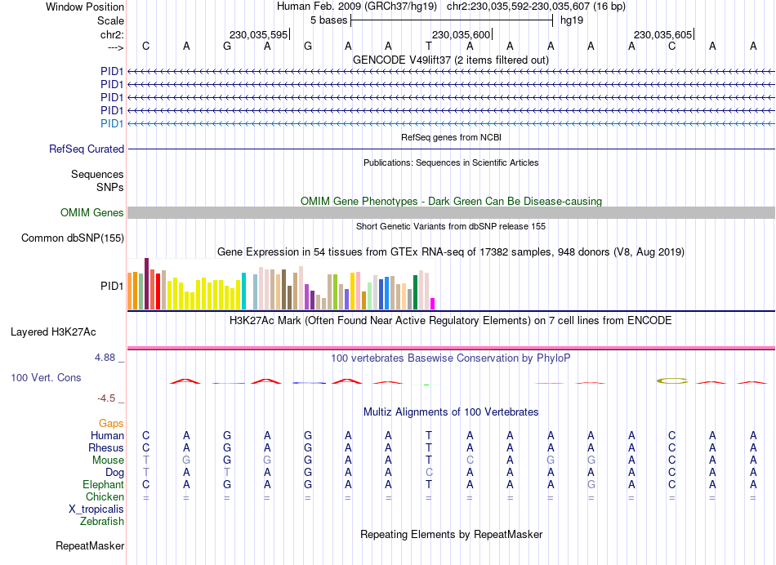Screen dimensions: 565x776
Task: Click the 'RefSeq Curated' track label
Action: [87, 149]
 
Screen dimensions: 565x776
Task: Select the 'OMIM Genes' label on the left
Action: [92, 213]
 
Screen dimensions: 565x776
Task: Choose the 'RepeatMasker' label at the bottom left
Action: [90, 545]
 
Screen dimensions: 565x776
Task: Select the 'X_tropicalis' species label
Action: [97, 509]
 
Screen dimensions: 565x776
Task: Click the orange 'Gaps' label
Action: [112, 424]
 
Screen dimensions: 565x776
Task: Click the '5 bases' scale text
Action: [328, 20]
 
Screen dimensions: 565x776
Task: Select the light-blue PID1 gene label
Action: [112, 123]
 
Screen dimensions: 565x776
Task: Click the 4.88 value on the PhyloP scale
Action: [109, 358]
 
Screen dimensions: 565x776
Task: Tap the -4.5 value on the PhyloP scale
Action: [110, 398]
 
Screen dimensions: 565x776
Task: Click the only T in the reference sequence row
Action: [429, 46]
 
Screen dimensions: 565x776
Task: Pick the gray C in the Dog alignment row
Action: [429, 473]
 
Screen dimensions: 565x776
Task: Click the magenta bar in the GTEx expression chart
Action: [433, 304]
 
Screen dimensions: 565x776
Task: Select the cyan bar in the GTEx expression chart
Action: [244, 291]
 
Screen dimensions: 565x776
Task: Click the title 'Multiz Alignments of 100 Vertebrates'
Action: [451, 412]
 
